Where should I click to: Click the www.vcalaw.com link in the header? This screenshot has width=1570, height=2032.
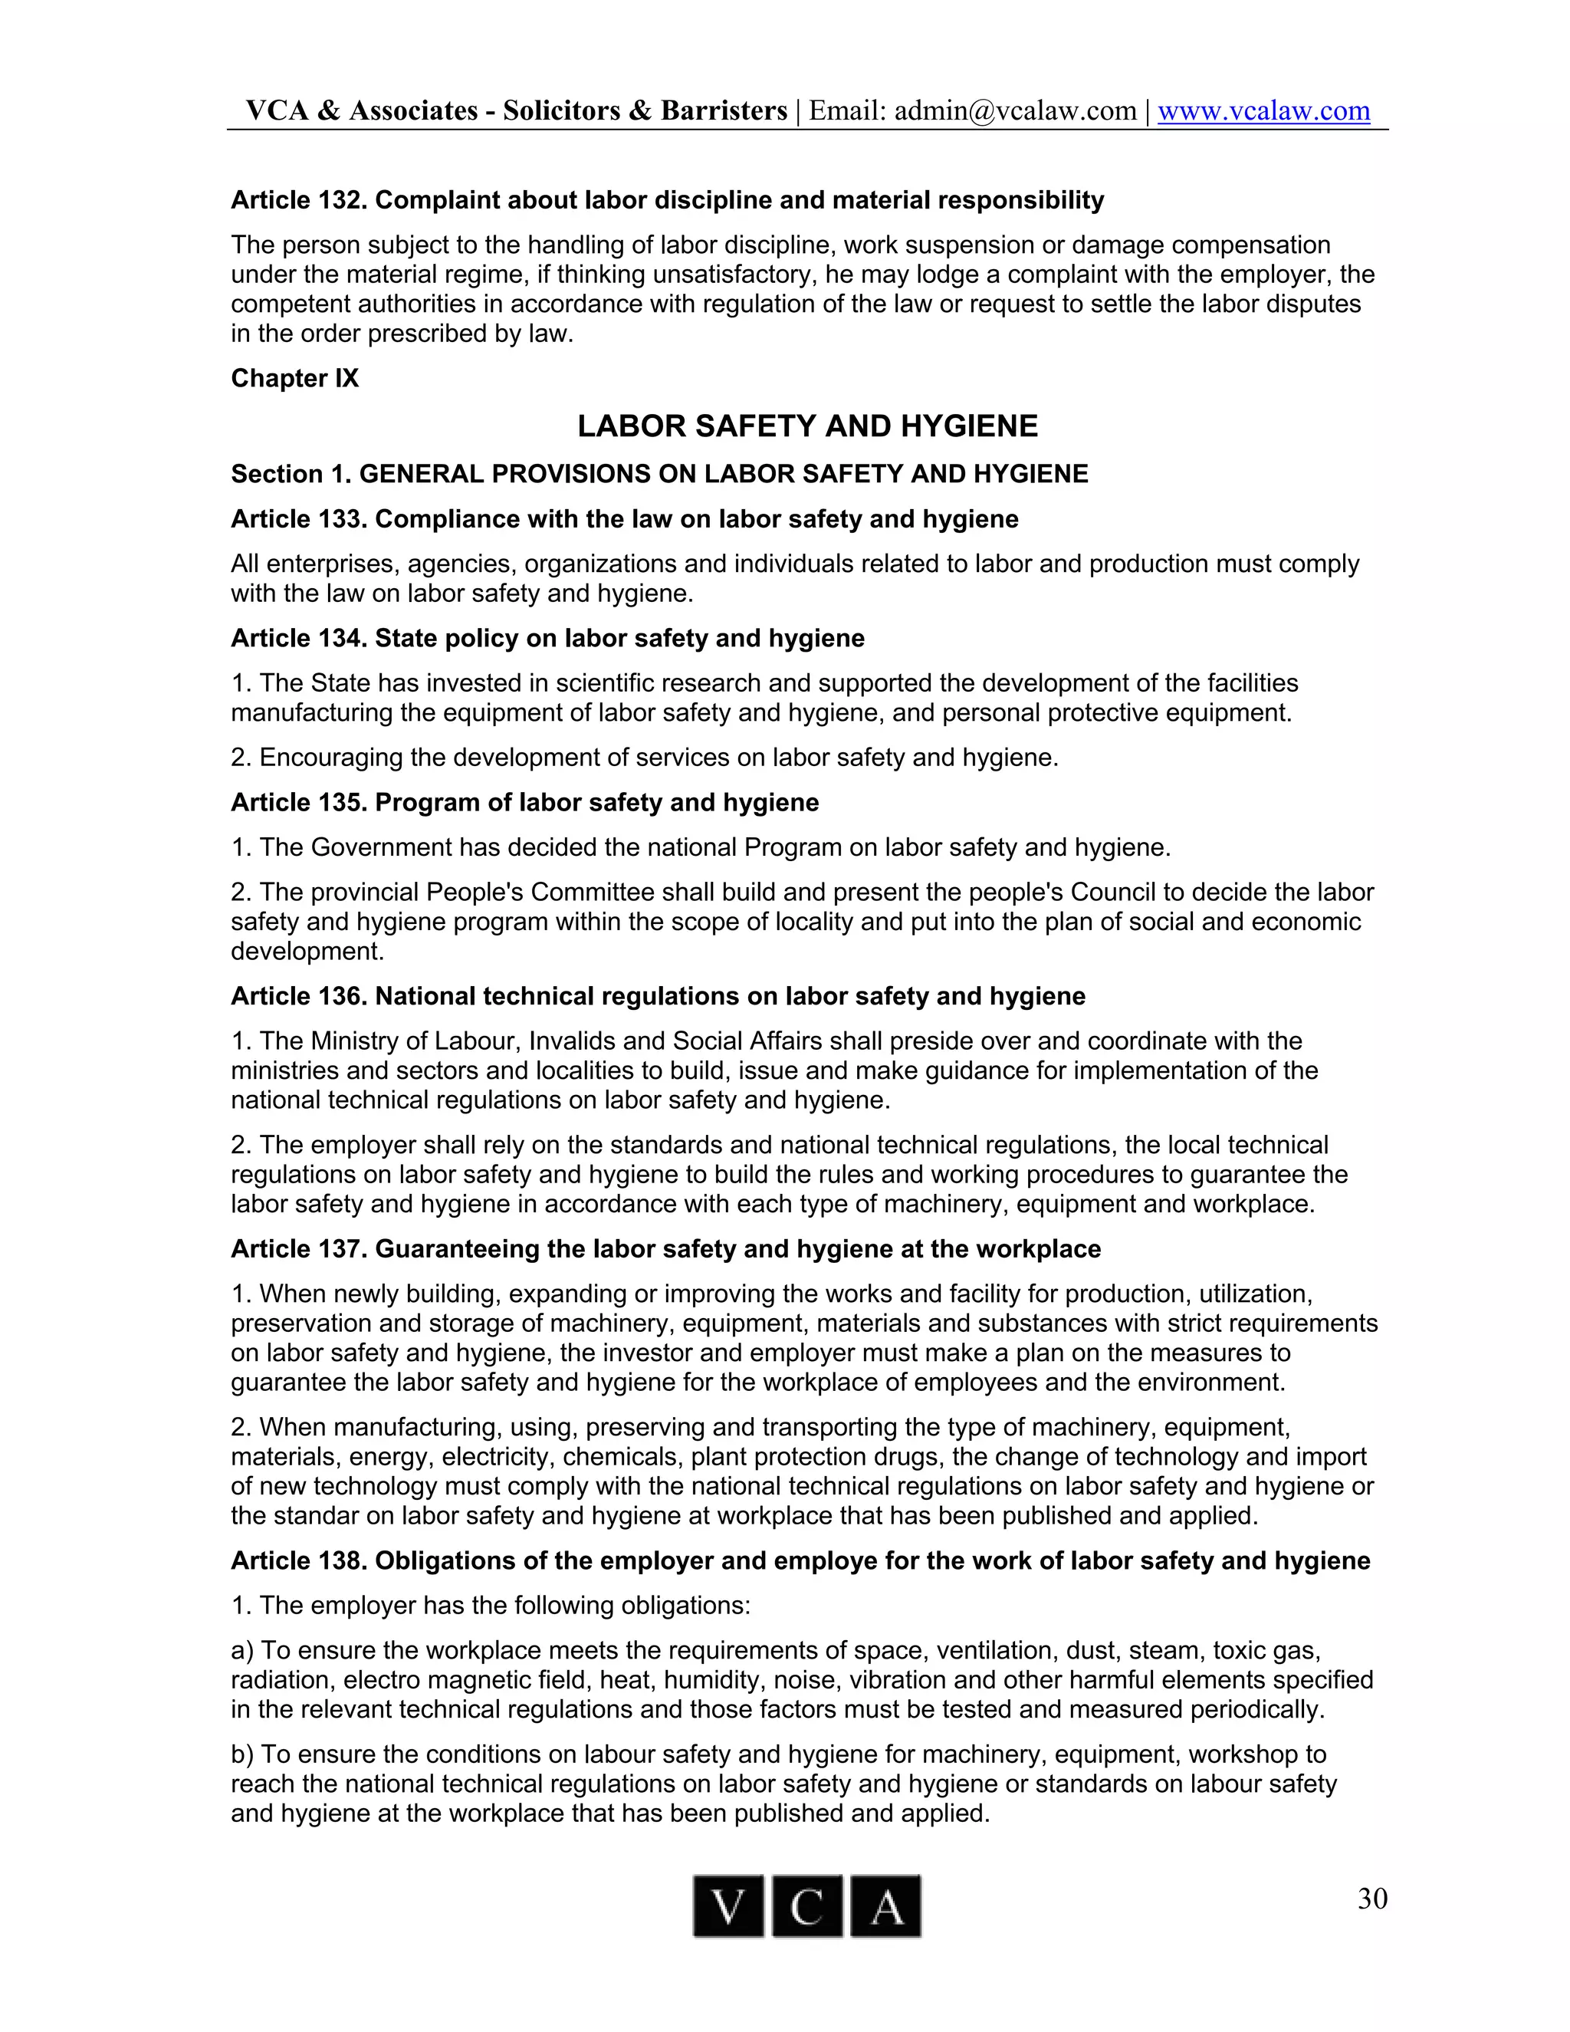pyautogui.click(x=1263, y=110)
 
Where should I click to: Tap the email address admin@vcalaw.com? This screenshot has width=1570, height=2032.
pyautogui.click(x=1015, y=110)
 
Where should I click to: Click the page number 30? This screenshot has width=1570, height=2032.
pyautogui.click(x=1372, y=1898)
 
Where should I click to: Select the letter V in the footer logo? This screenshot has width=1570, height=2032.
pyautogui.click(x=728, y=1906)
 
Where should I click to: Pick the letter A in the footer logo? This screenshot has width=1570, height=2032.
pyautogui.click(x=885, y=1906)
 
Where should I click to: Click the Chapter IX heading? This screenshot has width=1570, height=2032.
pyautogui.click(x=294, y=378)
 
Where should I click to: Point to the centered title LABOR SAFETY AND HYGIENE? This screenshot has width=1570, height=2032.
pyautogui.click(x=807, y=426)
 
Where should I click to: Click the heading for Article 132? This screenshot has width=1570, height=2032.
pyautogui.click(x=667, y=200)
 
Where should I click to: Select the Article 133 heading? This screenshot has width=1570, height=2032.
pyautogui.click(x=624, y=519)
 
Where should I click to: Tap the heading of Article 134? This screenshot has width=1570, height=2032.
pyautogui.click(x=547, y=638)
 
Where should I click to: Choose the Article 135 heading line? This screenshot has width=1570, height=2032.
pyautogui.click(x=524, y=803)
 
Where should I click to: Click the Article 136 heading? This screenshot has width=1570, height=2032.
pyautogui.click(x=658, y=997)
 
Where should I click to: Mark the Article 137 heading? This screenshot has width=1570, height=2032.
pyautogui.click(x=665, y=1248)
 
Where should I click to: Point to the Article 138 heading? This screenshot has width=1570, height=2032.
pyautogui.click(x=800, y=1560)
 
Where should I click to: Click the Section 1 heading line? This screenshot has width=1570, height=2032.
pyautogui.click(x=659, y=475)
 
